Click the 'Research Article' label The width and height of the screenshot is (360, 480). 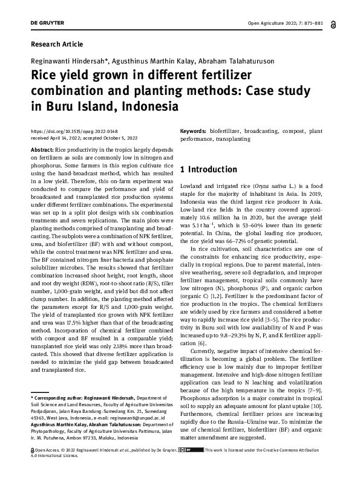tap(56, 44)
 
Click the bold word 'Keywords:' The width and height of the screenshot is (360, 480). tap(194, 131)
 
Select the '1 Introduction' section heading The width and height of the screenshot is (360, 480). tap(209, 169)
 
